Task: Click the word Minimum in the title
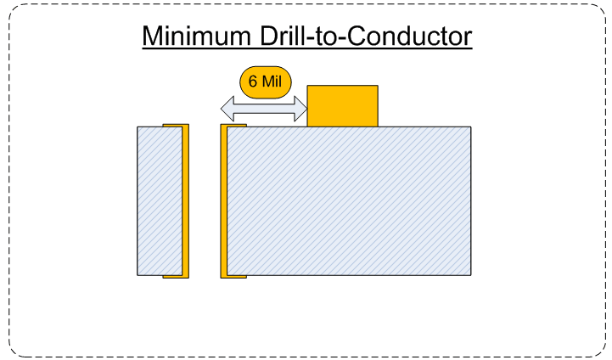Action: coord(197,36)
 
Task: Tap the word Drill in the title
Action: coord(283,36)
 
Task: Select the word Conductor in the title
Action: coord(409,36)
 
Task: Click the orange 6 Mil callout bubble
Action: coord(266,82)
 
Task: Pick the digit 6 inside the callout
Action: coord(253,82)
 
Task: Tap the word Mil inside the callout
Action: coord(272,82)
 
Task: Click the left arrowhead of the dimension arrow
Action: coord(227,109)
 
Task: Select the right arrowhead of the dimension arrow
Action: coord(300,109)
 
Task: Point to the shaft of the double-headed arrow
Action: coord(264,109)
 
